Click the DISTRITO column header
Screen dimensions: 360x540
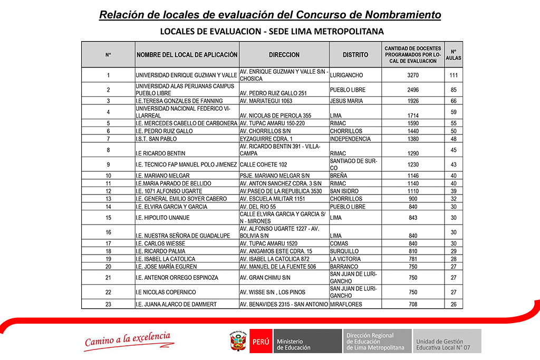tap(355, 55)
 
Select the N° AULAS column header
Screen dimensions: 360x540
tap(454, 55)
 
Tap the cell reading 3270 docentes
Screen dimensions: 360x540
tap(413, 75)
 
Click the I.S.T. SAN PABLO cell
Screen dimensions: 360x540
tap(156, 139)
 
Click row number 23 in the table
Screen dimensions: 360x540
tap(108, 304)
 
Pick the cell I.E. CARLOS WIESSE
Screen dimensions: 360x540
tap(158, 244)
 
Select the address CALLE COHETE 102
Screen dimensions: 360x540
tap(263, 164)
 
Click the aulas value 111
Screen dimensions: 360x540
tap(454, 75)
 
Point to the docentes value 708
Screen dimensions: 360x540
tap(413, 304)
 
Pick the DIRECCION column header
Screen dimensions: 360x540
tap(284, 55)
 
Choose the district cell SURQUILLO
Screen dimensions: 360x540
tap(344, 251)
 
